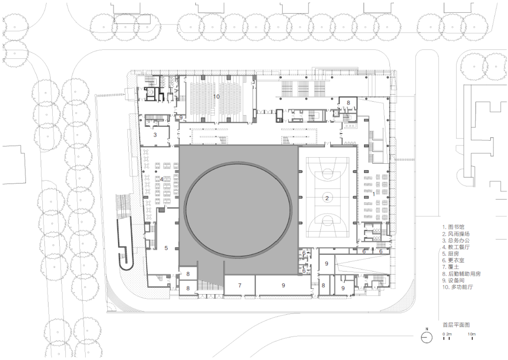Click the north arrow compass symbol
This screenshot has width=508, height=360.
click(x=426, y=337)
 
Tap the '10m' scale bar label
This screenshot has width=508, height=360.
click(x=471, y=334)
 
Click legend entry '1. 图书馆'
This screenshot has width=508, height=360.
click(x=453, y=227)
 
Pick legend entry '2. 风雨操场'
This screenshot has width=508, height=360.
click(x=456, y=233)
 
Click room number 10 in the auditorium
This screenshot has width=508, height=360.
click(x=216, y=96)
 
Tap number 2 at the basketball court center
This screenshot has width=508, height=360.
click(x=326, y=198)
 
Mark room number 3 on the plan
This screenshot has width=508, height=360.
click(x=155, y=135)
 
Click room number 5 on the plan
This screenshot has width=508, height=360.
click(x=166, y=247)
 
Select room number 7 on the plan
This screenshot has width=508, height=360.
click(x=239, y=285)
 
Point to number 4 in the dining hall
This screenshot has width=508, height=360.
click(x=162, y=179)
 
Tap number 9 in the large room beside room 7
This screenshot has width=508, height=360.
click(x=283, y=285)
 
